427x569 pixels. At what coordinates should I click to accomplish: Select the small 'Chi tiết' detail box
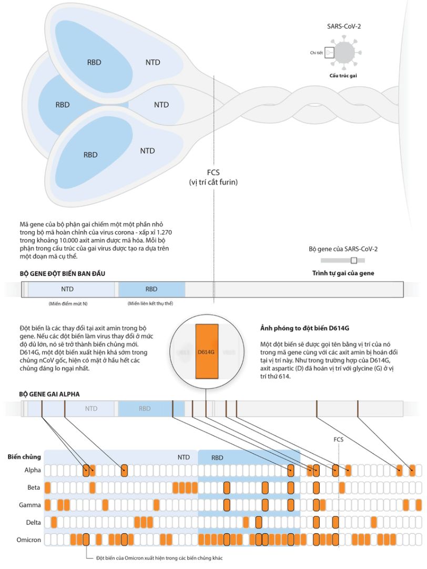tap(329, 53)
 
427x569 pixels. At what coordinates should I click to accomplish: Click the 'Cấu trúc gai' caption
tap(343, 76)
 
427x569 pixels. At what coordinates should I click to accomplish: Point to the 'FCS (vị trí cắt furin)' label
tap(213, 177)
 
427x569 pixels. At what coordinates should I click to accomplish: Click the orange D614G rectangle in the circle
tap(207, 351)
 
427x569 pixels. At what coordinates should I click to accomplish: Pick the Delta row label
tap(33, 522)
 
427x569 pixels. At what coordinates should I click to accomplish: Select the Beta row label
tap(34, 488)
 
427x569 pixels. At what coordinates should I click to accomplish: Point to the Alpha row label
tap(32, 470)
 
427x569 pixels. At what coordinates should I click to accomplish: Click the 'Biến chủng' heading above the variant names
tap(24, 457)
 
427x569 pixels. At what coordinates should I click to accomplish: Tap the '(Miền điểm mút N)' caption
tap(67, 304)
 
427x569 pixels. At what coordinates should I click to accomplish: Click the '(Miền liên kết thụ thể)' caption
tap(150, 304)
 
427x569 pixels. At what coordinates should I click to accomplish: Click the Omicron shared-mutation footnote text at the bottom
tap(155, 558)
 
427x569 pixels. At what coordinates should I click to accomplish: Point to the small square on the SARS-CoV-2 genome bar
tap(353, 260)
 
